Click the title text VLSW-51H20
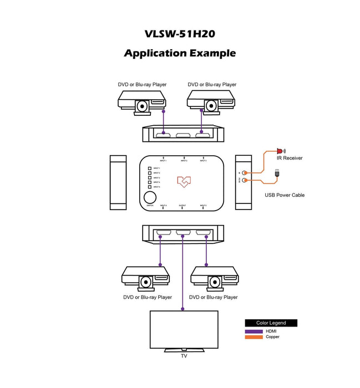point(180,33)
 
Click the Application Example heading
point(180,53)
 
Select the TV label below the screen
point(184,356)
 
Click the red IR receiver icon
point(280,151)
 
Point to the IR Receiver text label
point(290,159)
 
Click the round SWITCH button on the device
point(150,197)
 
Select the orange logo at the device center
point(184,182)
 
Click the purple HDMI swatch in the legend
point(253,331)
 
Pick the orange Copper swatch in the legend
point(253,337)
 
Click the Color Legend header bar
point(271,323)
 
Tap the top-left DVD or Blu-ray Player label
point(142,85)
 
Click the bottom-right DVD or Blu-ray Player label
point(213,298)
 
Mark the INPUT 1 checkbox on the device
point(149,169)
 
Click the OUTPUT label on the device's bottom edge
point(182,206)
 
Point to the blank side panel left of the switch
point(119,182)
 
